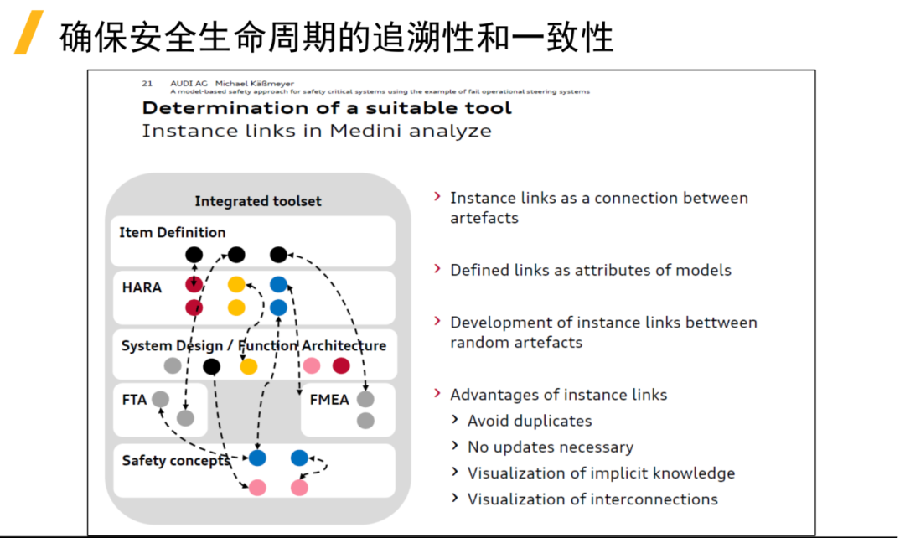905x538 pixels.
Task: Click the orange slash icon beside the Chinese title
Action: tap(29, 34)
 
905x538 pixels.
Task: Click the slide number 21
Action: tap(147, 84)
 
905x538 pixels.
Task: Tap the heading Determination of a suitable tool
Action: tap(326, 108)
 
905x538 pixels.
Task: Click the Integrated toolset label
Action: tap(258, 201)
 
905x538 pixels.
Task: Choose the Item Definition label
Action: tap(173, 232)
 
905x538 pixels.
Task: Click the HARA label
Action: tap(142, 287)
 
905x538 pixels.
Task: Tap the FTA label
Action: tap(134, 400)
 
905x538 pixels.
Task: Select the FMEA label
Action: tap(329, 400)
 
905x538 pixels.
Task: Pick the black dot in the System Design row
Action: tap(212, 366)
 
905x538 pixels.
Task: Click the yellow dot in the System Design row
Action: tap(248, 366)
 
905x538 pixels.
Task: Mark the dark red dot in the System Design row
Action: tap(341, 365)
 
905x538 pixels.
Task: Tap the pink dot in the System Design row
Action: tap(312, 365)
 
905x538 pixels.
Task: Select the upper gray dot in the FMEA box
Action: tap(365, 400)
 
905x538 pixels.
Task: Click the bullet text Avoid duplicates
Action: tap(529, 421)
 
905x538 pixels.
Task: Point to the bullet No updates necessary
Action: tap(550, 447)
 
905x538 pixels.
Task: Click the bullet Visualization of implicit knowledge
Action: tap(601, 473)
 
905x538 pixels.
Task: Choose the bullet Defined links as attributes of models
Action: tap(590, 270)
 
